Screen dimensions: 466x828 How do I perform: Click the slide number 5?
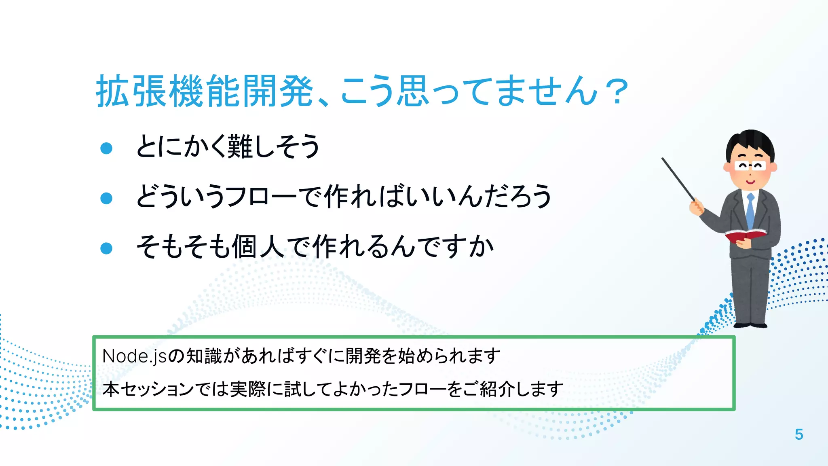798,434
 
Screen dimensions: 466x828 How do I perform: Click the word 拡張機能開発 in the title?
205,91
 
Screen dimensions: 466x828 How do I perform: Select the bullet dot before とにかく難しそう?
106,148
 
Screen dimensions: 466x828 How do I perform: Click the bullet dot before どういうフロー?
106,198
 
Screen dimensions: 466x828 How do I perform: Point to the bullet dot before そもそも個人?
106,248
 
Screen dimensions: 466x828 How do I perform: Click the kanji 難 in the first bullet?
240,146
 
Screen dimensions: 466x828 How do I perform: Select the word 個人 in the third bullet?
259,247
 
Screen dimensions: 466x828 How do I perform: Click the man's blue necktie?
750,210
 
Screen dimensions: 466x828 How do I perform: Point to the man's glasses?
750,166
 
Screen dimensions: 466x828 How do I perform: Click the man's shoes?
750,325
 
